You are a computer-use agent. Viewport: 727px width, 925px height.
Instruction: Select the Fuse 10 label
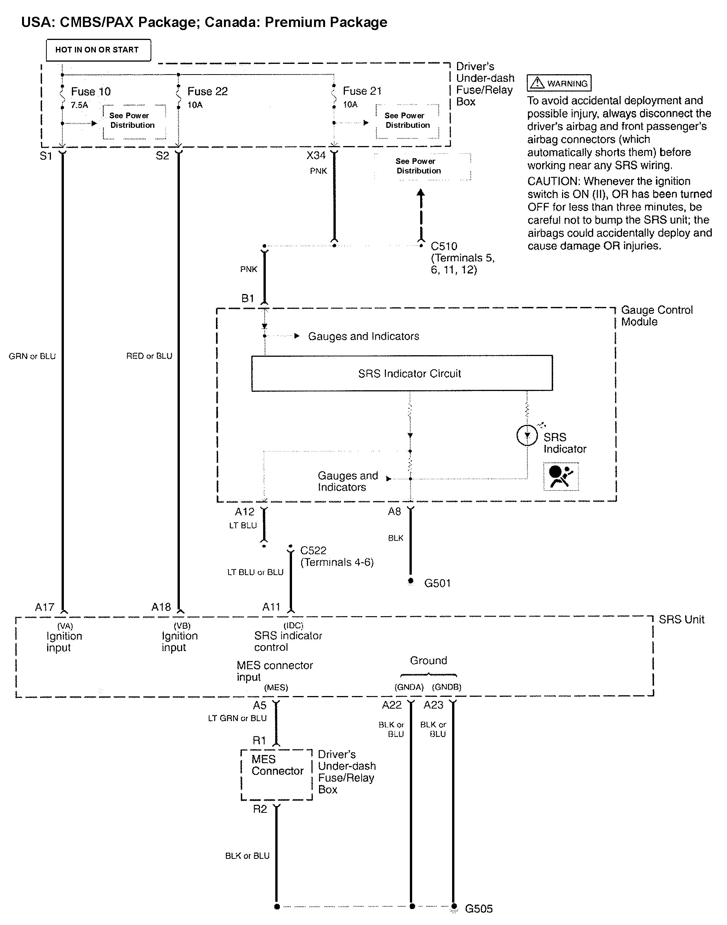pos(90,92)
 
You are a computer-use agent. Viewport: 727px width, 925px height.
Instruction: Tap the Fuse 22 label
pos(207,92)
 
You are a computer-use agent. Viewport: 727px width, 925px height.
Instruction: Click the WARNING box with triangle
pos(559,83)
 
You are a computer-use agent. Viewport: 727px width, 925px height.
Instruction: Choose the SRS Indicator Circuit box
pos(402,373)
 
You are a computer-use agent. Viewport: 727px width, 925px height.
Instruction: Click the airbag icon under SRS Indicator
pos(560,476)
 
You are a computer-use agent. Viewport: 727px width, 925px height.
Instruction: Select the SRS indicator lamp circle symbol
pos(527,435)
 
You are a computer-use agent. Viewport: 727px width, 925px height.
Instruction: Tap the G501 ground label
pos(437,583)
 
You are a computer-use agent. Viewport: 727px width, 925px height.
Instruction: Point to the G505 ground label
pos(478,909)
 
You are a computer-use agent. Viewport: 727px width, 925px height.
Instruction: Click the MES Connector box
pos(277,775)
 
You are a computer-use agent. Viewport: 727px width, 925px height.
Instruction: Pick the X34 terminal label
pos(316,156)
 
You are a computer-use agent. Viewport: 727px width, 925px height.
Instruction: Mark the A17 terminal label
pos(45,607)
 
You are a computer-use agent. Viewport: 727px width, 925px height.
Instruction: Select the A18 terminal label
pos(161,607)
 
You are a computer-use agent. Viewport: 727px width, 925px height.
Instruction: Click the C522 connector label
pos(313,550)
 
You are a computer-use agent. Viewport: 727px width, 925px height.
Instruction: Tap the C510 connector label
pos(444,246)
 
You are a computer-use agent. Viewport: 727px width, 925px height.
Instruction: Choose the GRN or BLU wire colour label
pos(32,356)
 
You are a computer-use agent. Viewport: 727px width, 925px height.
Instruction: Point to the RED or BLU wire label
pos(149,356)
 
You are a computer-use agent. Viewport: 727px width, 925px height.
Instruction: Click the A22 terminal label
pos(392,705)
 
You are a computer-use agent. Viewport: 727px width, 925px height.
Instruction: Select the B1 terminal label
pos(248,299)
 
